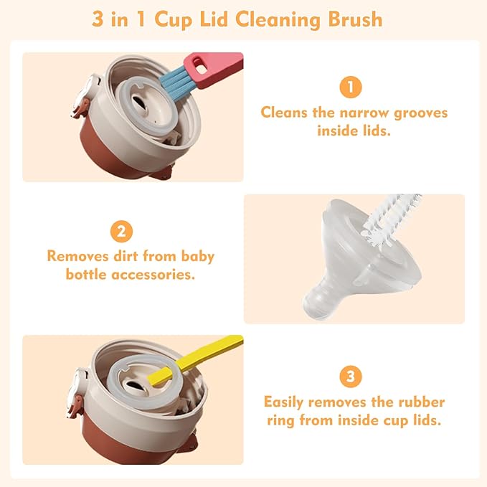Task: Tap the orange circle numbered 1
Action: pyautogui.click(x=350, y=88)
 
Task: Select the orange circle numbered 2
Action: pyautogui.click(x=120, y=231)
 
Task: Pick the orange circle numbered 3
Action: pyautogui.click(x=350, y=377)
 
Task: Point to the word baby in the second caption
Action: pyautogui.click(x=194, y=255)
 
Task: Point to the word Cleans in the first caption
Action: pyautogui.click(x=285, y=113)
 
